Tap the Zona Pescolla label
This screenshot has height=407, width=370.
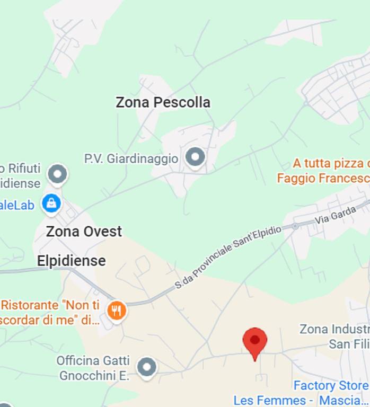click(163, 102)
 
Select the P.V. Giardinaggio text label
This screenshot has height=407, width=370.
click(131, 158)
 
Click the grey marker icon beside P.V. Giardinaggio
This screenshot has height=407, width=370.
click(196, 157)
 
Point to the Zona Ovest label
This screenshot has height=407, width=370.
click(84, 232)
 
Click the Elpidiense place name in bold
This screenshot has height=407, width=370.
click(71, 261)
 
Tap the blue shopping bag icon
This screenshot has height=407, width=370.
click(51, 203)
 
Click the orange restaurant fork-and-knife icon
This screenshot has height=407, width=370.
click(117, 310)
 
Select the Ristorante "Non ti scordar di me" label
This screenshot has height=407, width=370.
click(50, 312)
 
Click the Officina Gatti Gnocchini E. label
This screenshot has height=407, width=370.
click(93, 368)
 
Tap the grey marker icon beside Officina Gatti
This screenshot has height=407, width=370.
click(147, 367)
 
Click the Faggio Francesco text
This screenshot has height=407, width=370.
click(323, 179)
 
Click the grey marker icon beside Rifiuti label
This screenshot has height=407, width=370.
click(57, 173)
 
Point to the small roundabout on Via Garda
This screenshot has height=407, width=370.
click(295, 226)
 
